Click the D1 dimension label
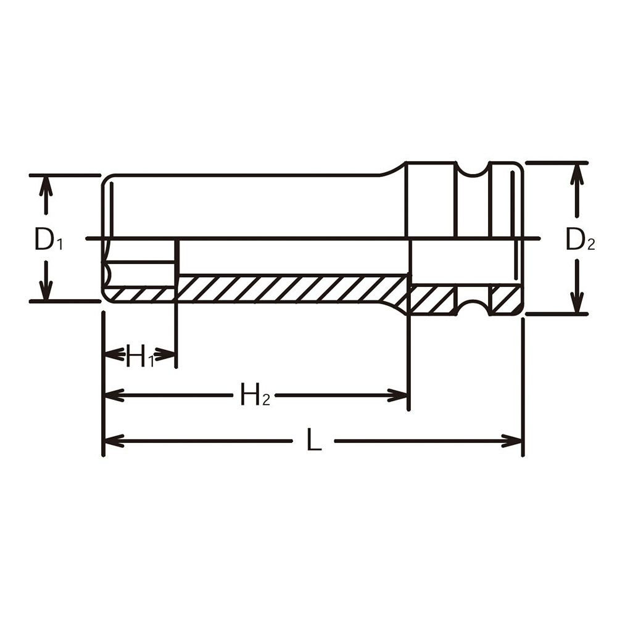[x=48, y=239]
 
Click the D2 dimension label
[x=580, y=239]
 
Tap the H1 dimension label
[x=140, y=356]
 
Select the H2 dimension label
[x=255, y=395]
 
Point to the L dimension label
[x=314, y=440]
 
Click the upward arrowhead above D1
[x=46, y=186]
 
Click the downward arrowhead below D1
[x=46, y=290]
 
